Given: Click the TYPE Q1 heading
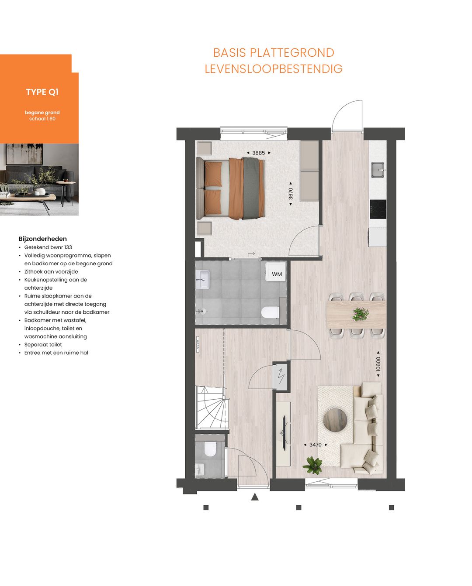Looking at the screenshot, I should (x=42, y=92).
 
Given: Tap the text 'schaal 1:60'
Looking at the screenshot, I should (x=42, y=119).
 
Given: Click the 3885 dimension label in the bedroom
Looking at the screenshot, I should (x=258, y=153).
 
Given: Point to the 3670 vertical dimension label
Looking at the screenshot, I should (x=291, y=194).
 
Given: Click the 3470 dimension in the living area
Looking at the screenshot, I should (x=315, y=445).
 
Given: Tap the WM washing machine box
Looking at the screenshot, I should (x=277, y=274).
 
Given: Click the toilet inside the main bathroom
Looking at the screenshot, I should (x=270, y=312).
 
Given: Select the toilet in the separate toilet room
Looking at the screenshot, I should (x=210, y=449).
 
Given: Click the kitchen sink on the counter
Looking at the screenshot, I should (x=378, y=170).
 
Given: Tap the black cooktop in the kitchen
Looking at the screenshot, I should (x=378, y=209).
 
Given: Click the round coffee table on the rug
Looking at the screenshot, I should (x=335, y=420).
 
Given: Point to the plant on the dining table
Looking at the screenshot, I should (x=361, y=314).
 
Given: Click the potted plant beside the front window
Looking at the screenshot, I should (x=313, y=465).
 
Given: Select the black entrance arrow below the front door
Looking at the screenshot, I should (x=255, y=497).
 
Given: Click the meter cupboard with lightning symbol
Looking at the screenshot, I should (x=281, y=376).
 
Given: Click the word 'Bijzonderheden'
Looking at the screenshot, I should (x=43, y=239).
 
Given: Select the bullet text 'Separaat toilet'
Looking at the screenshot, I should (x=43, y=345).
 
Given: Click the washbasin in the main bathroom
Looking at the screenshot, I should (x=203, y=279).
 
